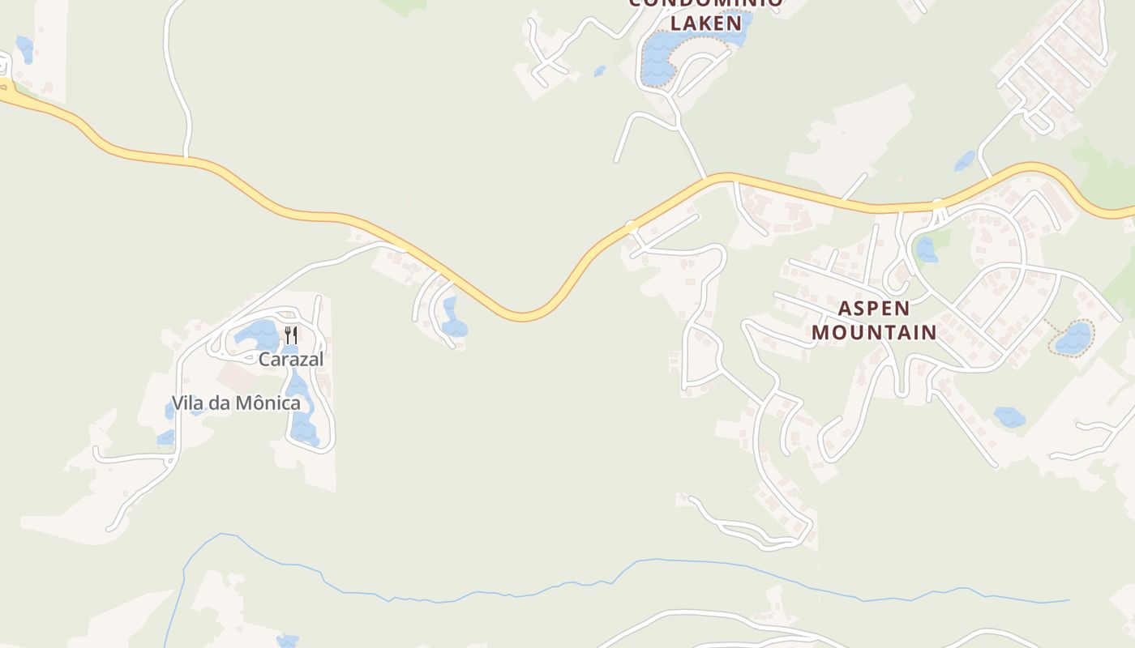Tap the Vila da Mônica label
point(235,403)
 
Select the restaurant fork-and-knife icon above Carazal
point(291,334)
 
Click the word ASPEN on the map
point(873,308)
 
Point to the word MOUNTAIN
point(874,332)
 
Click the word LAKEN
point(706,23)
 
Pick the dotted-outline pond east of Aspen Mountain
point(1073,339)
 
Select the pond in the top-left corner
point(24,49)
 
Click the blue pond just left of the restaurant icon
point(258,335)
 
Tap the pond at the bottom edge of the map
point(287,641)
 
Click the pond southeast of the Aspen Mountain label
point(1009,417)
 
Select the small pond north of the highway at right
point(965,160)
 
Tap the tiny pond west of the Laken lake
point(600,71)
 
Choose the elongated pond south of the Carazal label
point(302,409)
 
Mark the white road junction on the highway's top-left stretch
point(186,156)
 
